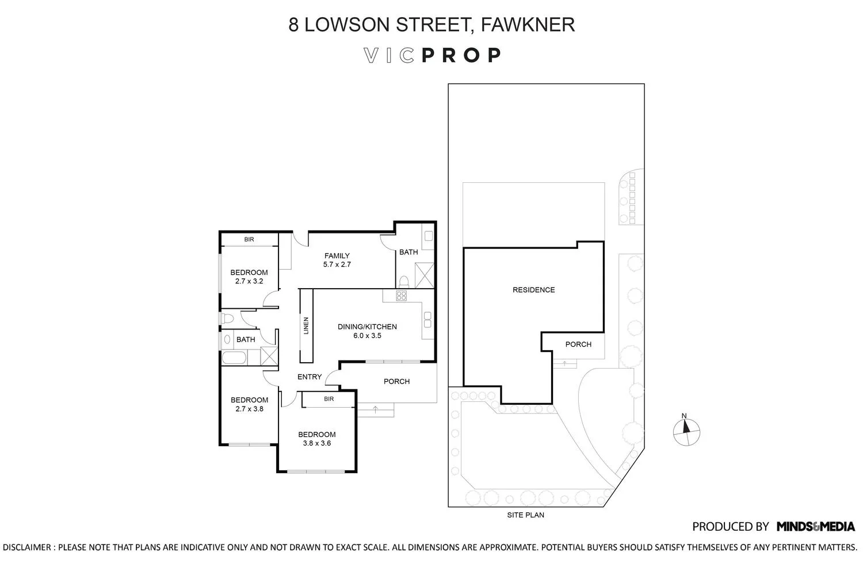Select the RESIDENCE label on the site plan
[533, 290]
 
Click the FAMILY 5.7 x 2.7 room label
[337, 260]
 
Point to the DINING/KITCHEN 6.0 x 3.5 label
[367, 331]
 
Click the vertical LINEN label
[306, 326]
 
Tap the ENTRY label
[309, 377]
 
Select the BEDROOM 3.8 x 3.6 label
[316, 439]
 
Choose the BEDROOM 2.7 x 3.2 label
[249, 277]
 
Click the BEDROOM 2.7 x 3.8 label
[249, 404]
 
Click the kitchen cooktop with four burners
[402, 296]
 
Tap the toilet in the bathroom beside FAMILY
[404, 282]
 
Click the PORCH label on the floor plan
[396, 381]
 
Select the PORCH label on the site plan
[578, 344]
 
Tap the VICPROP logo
[432, 55]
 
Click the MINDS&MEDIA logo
[815, 526]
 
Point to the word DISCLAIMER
[26, 547]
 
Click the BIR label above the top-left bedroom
[249, 239]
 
